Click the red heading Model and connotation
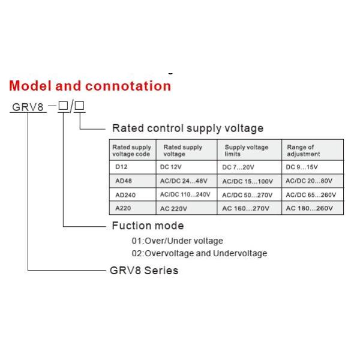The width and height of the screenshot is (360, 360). point(90,86)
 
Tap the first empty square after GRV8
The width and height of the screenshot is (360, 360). point(62,106)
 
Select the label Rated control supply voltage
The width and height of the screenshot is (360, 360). point(188,128)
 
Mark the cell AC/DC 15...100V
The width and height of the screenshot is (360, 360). point(248,181)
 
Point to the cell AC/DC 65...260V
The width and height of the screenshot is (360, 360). point(310,195)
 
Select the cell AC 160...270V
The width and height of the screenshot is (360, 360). point(246,208)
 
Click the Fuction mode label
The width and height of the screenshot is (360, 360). point(148,226)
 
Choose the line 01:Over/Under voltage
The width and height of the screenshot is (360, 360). point(177,241)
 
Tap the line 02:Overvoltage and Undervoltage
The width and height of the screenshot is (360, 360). point(199,253)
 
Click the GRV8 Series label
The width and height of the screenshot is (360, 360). point(143,271)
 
